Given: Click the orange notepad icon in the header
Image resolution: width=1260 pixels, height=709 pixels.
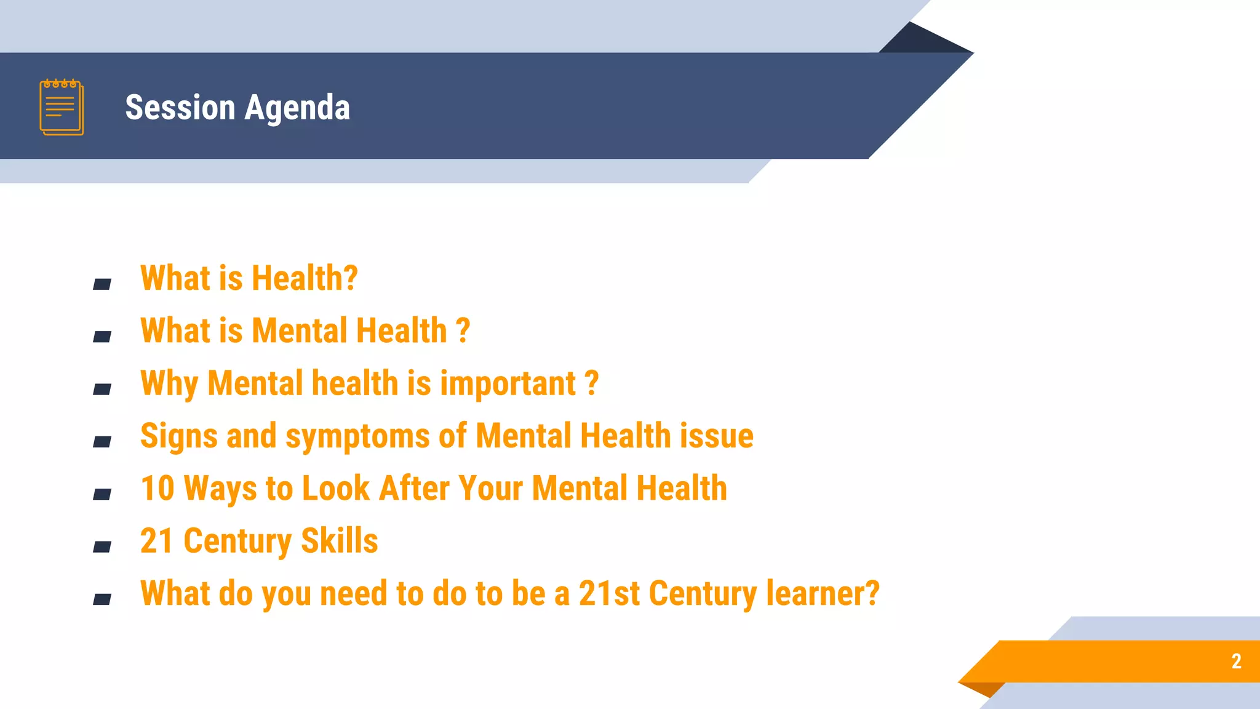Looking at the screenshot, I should pyautogui.click(x=62, y=107).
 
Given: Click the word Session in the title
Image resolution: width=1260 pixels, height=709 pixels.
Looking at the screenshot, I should pyautogui.click(x=180, y=108).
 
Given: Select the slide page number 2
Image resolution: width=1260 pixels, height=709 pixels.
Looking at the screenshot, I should pyautogui.click(x=1236, y=661).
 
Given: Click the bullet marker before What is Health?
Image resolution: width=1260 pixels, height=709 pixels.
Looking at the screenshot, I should pyautogui.click(x=102, y=284).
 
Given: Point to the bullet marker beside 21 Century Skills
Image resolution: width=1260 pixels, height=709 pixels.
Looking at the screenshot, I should pyautogui.click(x=102, y=547).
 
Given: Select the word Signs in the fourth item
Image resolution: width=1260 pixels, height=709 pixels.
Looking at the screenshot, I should pyautogui.click(x=178, y=436).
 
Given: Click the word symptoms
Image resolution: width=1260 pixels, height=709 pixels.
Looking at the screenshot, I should pyautogui.click(x=357, y=436).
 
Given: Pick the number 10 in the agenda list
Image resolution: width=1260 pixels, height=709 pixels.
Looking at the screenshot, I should pyautogui.click(x=157, y=489).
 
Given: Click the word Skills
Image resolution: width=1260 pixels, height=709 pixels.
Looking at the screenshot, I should pyautogui.click(x=339, y=541).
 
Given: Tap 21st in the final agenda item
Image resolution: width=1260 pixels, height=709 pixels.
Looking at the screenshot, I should pyautogui.click(x=609, y=594).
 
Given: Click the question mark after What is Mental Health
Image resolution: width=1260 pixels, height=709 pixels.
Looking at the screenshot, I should pyautogui.click(x=463, y=331).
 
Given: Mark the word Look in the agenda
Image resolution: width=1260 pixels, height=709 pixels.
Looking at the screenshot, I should pyautogui.click(x=335, y=489).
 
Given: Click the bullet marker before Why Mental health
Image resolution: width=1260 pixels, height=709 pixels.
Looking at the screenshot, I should pyautogui.click(x=102, y=389).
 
